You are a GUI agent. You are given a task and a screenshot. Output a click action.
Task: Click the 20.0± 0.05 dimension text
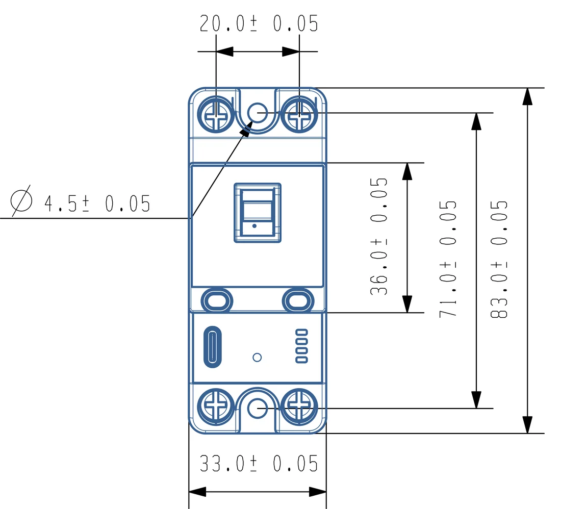point(259,23)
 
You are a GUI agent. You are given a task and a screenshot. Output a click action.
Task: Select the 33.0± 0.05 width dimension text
point(259,464)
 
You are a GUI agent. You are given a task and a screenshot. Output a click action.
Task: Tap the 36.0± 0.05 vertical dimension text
point(379,236)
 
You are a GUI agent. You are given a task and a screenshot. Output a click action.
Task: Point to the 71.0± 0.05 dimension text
point(448,259)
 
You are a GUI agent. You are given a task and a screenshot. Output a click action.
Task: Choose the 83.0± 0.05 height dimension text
point(499,259)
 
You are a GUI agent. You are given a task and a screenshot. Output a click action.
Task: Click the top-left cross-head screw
point(216,114)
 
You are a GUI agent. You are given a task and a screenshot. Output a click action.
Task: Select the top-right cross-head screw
point(299,114)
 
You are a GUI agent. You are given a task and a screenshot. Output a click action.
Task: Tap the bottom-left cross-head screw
point(216,407)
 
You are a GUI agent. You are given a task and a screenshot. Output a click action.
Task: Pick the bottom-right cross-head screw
point(299,407)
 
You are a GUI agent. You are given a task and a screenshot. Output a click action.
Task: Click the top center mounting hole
point(257,113)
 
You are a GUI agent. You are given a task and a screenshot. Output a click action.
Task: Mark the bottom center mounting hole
point(257,408)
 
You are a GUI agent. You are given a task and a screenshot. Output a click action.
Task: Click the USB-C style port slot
point(213,347)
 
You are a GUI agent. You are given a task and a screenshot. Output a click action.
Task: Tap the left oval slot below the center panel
point(217,300)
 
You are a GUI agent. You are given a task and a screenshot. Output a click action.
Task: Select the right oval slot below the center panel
point(298,300)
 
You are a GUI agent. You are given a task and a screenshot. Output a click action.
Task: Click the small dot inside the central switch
point(254,226)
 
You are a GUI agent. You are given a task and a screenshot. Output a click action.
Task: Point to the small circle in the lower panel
point(257,358)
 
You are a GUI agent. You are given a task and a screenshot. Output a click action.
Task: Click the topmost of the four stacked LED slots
point(301,333)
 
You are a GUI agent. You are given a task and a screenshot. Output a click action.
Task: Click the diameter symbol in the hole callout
point(21,201)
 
